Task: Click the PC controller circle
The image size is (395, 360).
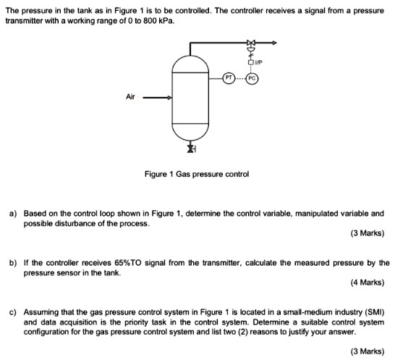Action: pyautogui.click(x=252, y=77)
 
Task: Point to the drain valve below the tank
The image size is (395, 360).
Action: pyautogui.click(x=191, y=148)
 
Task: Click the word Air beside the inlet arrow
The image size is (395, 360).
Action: pyautogui.click(x=130, y=96)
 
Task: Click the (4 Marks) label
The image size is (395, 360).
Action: pyautogui.click(x=366, y=282)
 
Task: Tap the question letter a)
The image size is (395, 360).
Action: pyautogui.click(x=12, y=214)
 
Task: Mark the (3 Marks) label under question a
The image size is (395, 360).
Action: pyautogui.click(x=366, y=233)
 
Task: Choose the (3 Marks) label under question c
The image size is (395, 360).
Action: pyautogui.click(x=366, y=351)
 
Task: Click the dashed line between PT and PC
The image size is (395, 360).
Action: pyautogui.click(x=240, y=77)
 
